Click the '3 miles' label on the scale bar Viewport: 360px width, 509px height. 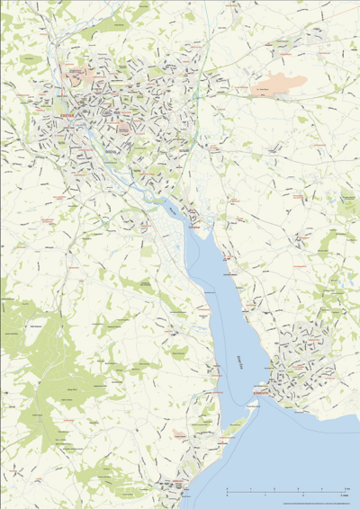coord(343,496)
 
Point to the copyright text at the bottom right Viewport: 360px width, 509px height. coord(315,504)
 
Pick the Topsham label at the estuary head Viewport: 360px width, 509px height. coord(193,228)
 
